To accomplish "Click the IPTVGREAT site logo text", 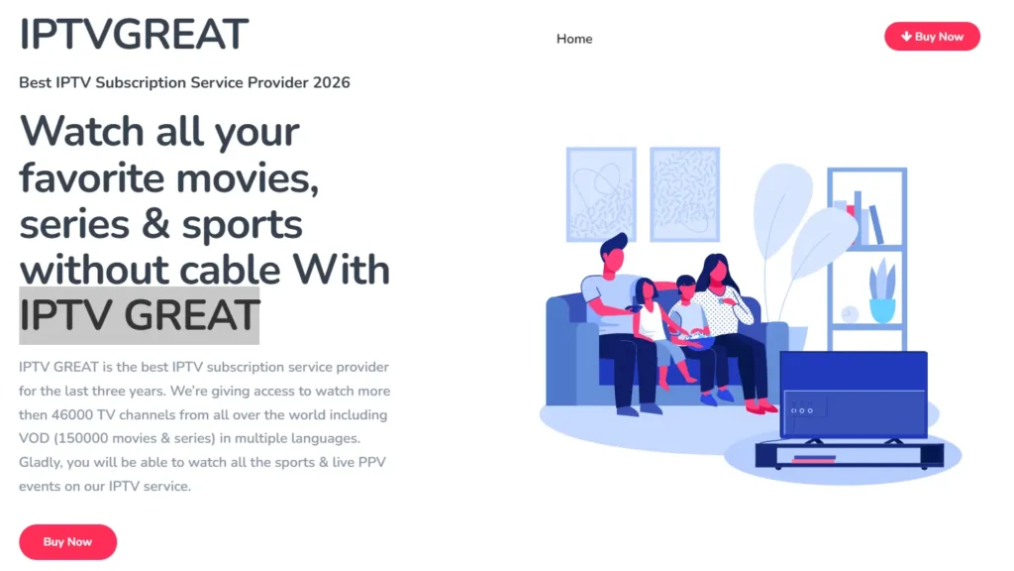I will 134,35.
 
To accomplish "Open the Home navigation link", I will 574,39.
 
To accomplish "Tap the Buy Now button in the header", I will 932,37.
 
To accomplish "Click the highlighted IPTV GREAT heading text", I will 140,315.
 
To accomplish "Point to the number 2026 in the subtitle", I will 331,82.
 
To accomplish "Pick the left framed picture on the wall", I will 601,194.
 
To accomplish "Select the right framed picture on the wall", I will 684,194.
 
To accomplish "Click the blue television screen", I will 853,394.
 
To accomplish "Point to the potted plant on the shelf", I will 881,292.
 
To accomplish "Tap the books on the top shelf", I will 862,221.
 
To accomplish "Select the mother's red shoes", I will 760,406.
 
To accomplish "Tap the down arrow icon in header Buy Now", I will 906,37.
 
